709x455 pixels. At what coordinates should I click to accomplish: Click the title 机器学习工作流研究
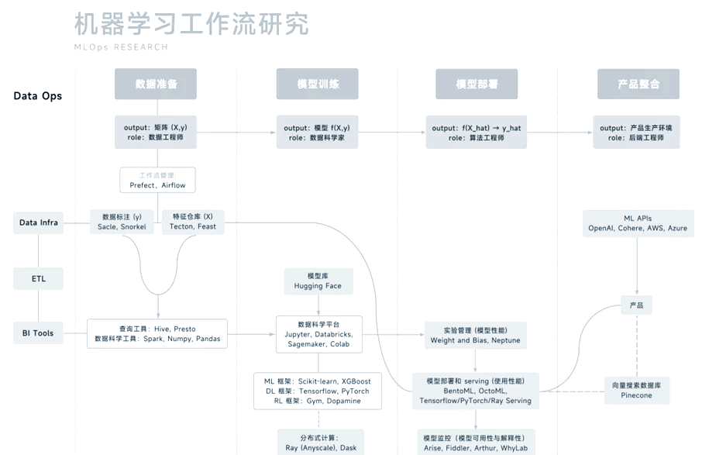[x=191, y=25]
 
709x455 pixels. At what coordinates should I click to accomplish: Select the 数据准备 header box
[x=156, y=84]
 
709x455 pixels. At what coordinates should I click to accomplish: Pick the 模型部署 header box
[x=477, y=84]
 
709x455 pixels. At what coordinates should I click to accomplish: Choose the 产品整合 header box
[x=638, y=84]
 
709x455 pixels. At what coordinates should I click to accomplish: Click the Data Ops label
[x=37, y=96]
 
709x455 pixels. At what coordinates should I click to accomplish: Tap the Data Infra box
[x=39, y=222]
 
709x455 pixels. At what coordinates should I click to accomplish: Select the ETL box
[x=39, y=278]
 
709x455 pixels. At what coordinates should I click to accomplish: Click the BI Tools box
[x=39, y=333]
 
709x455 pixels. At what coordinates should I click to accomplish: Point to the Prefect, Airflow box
[x=157, y=180]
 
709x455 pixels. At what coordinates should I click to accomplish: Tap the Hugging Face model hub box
[x=318, y=281]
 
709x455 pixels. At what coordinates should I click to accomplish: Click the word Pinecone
[x=636, y=395]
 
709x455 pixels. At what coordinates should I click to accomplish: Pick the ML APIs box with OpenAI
[x=638, y=223]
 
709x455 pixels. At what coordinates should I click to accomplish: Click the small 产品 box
[x=636, y=305]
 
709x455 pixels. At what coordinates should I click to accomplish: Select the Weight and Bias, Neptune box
[x=476, y=335]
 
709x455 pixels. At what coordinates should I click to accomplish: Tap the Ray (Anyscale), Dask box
[x=321, y=443]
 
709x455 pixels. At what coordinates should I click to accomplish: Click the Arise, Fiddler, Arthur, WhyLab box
[x=476, y=443]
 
